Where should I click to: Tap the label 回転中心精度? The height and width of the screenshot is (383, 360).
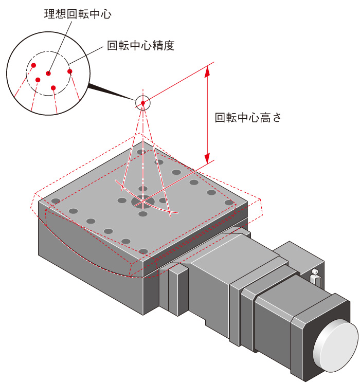click(140, 46)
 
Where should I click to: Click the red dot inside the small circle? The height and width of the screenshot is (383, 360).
click(143, 103)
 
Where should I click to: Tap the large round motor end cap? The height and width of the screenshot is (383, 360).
click(337, 345)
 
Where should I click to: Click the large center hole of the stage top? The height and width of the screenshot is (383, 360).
click(142, 201)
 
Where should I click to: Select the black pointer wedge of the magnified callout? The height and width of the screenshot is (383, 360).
click(111, 92)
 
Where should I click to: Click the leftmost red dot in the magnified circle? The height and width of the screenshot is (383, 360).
click(33, 65)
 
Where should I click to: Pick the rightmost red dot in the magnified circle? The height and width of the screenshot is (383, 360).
click(70, 71)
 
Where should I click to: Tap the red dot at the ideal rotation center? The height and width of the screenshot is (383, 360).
click(48, 74)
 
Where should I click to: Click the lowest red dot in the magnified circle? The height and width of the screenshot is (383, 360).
click(53, 87)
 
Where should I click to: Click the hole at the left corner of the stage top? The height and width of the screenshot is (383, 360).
click(56, 200)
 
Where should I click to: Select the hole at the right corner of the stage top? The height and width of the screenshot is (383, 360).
click(229, 203)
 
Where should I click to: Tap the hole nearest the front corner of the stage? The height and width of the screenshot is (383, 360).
click(143, 251)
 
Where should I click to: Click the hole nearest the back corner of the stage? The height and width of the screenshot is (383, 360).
click(141, 152)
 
